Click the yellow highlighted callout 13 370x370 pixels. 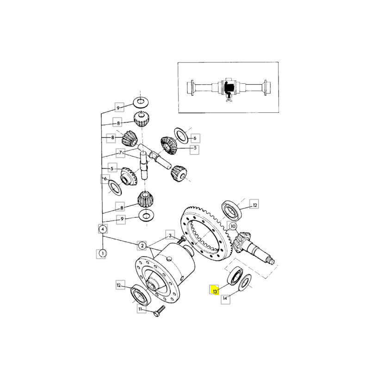[215, 291]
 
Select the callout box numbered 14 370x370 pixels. [225, 299]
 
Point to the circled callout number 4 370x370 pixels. [102, 228]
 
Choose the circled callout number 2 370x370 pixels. [142, 245]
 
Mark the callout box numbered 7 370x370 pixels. [120, 153]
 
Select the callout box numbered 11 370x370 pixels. [139, 308]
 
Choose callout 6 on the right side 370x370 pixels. [195, 138]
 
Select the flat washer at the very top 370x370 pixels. [140, 101]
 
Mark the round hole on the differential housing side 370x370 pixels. [170, 258]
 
